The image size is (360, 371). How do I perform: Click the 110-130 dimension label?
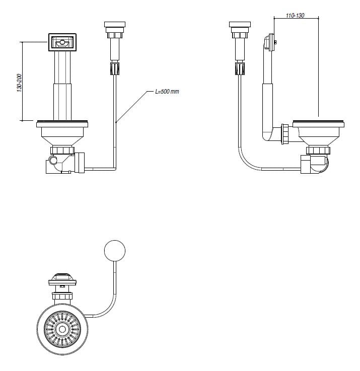click(295, 16)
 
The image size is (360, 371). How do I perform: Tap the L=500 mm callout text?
click(168, 92)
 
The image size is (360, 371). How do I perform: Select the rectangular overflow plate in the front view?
click(62, 42)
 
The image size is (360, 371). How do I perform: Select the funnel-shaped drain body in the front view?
click(62, 136)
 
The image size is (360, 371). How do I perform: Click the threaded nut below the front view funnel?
click(62, 151)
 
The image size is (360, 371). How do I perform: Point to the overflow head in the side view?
click(271, 43)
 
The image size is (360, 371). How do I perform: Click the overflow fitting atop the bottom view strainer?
click(61, 280)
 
